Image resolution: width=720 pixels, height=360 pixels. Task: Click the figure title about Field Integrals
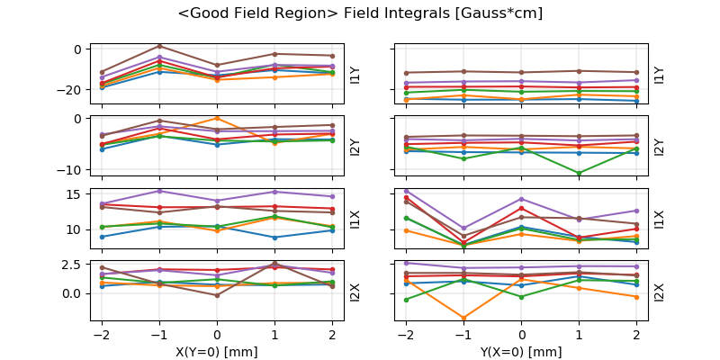coord(360,13)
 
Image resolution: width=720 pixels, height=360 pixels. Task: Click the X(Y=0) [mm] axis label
coord(216,352)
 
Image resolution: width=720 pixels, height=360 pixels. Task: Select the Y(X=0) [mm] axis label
coord(521,352)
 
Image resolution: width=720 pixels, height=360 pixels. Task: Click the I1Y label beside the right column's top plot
coord(659,74)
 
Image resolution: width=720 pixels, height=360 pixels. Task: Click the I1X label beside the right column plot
coord(659,219)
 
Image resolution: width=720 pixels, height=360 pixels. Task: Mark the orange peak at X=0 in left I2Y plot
coord(217,118)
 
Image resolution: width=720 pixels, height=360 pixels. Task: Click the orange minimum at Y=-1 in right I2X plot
coord(463,318)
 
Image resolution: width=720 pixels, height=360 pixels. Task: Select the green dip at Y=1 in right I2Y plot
coord(579,173)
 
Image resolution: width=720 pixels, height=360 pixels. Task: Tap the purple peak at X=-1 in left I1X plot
coord(159,191)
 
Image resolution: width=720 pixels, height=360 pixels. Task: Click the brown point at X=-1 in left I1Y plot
coord(159,46)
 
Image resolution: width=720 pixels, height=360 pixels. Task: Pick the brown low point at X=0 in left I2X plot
coord(217,295)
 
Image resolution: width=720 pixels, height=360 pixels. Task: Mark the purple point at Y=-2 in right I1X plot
coord(406,191)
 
